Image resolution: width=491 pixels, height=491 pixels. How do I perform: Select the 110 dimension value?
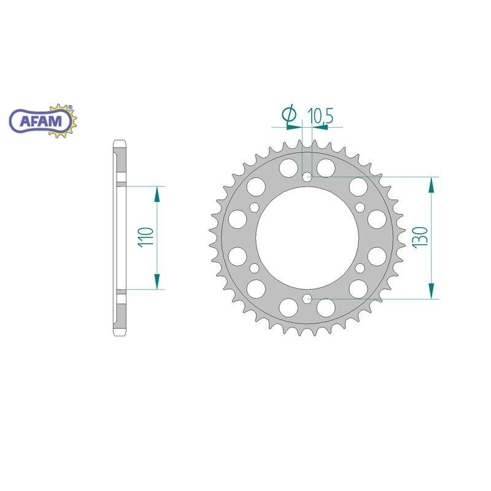[145, 237]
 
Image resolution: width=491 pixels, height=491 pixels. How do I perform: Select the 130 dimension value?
[420, 238]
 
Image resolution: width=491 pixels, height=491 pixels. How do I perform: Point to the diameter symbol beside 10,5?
[288, 115]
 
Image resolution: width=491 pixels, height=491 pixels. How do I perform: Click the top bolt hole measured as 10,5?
[307, 177]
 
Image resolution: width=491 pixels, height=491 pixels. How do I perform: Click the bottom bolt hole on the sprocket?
[307, 299]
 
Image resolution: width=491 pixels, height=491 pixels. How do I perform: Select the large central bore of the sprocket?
[307, 238]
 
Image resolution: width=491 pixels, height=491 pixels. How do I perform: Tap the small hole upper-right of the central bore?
[360, 207]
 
